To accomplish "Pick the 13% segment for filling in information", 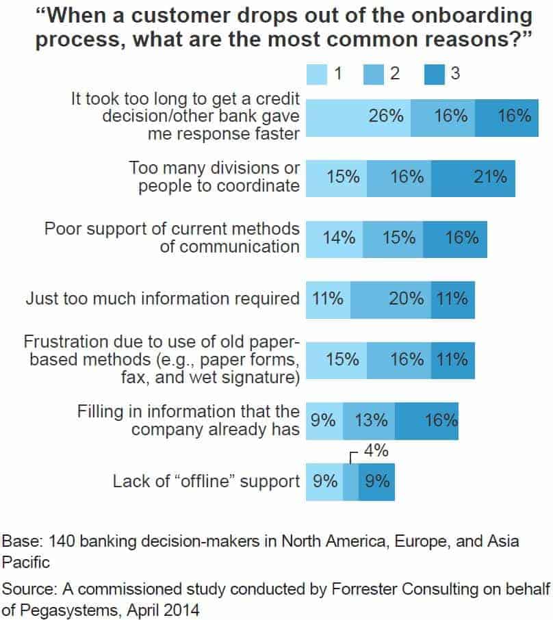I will pyautogui.click(x=368, y=419).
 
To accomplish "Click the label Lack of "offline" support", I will pyautogui.click(x=206, y=480).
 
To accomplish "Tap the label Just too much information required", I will pyautogui.click(x=162, y=299).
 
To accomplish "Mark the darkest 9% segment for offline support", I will pyautogui.click(x=376, y=480).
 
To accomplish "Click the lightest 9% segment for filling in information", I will pyautogui.click(x=324, y=419).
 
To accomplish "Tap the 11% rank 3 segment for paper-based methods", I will pyautogui.click(x=452, y=359).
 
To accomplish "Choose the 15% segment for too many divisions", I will pyautogui.click(x=337, y=177).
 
